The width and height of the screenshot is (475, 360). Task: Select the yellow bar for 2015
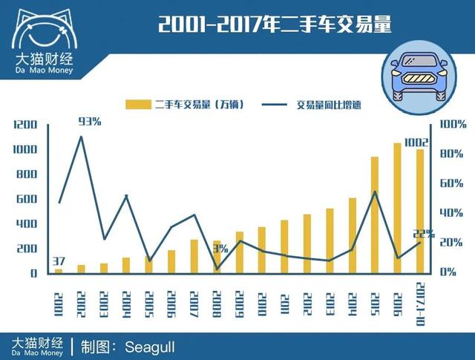tap(374, 215)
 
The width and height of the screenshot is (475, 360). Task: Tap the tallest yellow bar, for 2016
tap(397, 208)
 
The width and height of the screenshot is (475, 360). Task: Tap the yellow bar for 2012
tap(307, 243)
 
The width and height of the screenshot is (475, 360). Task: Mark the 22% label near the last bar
tap(422, 235)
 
